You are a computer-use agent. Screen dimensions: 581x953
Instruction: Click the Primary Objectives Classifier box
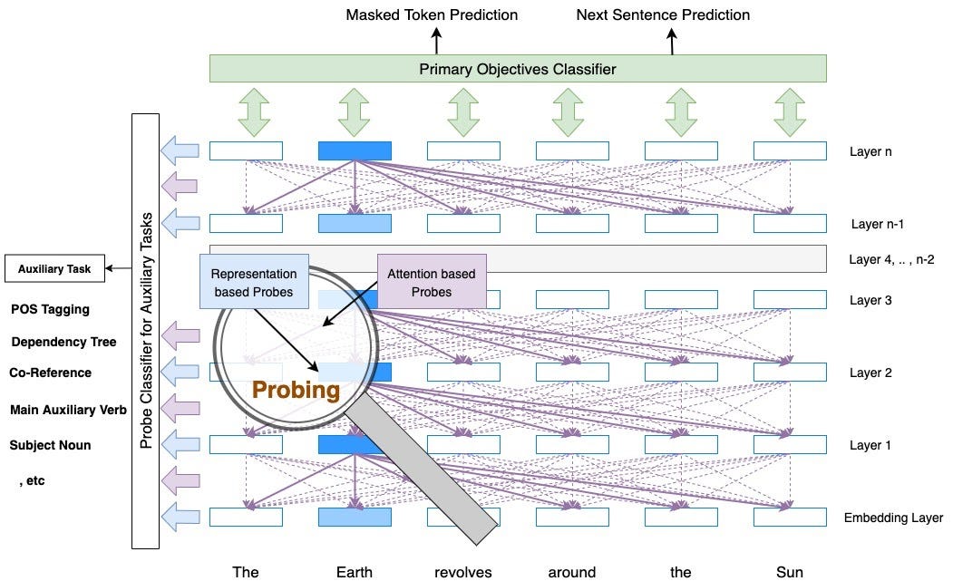tap(518, 68)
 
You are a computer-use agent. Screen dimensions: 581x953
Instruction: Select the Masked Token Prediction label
tap(432, 15)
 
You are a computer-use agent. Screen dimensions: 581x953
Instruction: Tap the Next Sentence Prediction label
tap(664, 15)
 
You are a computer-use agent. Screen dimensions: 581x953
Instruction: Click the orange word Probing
tap(296, 391)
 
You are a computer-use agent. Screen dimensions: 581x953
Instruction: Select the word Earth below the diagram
tap(354, 571)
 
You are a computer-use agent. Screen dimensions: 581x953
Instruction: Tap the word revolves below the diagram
tap(463, 571)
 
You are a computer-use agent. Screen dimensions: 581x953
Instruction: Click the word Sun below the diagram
tap(789, 571)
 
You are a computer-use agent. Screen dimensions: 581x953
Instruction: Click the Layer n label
tap(870, 151)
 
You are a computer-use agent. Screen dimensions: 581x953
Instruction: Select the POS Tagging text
tap(50, 309)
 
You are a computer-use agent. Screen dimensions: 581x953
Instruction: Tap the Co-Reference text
tap(50, 373)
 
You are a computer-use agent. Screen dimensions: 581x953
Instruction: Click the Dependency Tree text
tap(63, 342)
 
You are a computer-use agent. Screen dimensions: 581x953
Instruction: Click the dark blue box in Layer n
tap(355, 151)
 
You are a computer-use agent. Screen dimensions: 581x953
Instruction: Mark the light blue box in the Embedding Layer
tap(355, 517)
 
